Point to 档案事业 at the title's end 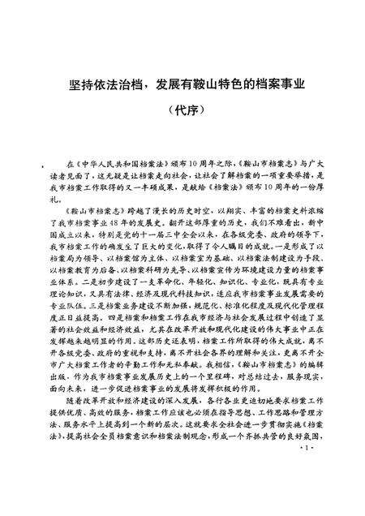(274, 84)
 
